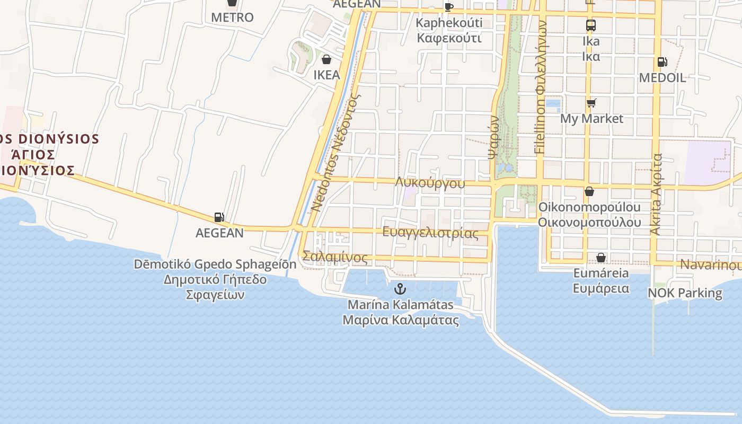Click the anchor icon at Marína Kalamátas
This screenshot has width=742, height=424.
[401, 289]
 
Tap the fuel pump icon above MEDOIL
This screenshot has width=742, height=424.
[662, 62]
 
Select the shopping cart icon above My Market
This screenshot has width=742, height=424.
[591, 103]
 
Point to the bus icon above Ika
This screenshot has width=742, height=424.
[591, 25]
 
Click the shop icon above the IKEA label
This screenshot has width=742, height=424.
[326, 59]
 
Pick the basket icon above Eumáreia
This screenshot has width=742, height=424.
[601, 258]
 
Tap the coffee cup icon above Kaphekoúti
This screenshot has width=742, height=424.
[449, 7]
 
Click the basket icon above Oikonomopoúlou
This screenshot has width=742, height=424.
[589, 191]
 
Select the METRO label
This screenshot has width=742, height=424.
[232, 17]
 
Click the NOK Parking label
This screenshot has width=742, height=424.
[685, 293]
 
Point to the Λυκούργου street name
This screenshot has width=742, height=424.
[430, 183]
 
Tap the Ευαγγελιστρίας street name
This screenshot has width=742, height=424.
[430, 233]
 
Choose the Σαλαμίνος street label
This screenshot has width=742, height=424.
[334, 257]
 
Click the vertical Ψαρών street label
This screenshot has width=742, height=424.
[493, 138]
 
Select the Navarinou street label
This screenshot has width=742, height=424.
[710, 264]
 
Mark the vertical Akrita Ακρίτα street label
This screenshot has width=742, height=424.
[656, 195]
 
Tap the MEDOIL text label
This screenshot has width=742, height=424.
[662, 78]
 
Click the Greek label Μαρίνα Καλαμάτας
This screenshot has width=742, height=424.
[401, 320]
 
